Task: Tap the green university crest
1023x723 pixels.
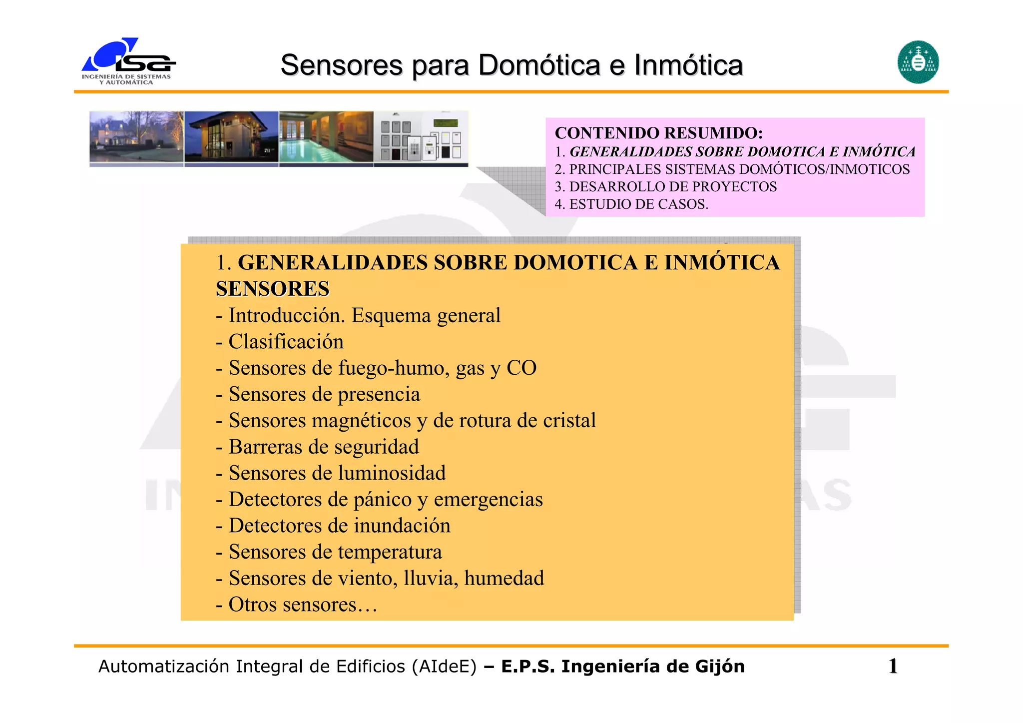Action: click(918, 62)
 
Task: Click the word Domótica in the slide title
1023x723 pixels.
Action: click(539, 65)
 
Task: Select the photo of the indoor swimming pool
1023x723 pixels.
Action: click(326, 137)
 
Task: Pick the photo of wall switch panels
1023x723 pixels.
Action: click(421, 137)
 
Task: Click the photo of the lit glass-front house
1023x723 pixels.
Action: click(231, 137)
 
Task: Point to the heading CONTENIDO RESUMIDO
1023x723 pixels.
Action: click(658, 133)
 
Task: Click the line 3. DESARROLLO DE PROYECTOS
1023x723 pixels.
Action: click(665, 186)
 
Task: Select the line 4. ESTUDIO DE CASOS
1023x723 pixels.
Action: click(631, 204)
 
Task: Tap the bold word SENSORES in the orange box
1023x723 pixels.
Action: click(273, 289)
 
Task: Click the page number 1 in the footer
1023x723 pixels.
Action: click(893, 666)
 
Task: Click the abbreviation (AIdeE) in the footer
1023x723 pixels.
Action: click(444, 667)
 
